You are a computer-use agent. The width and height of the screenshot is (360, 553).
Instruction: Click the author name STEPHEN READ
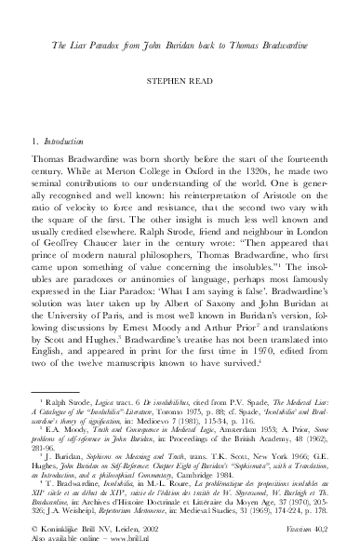tap(180, 82)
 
